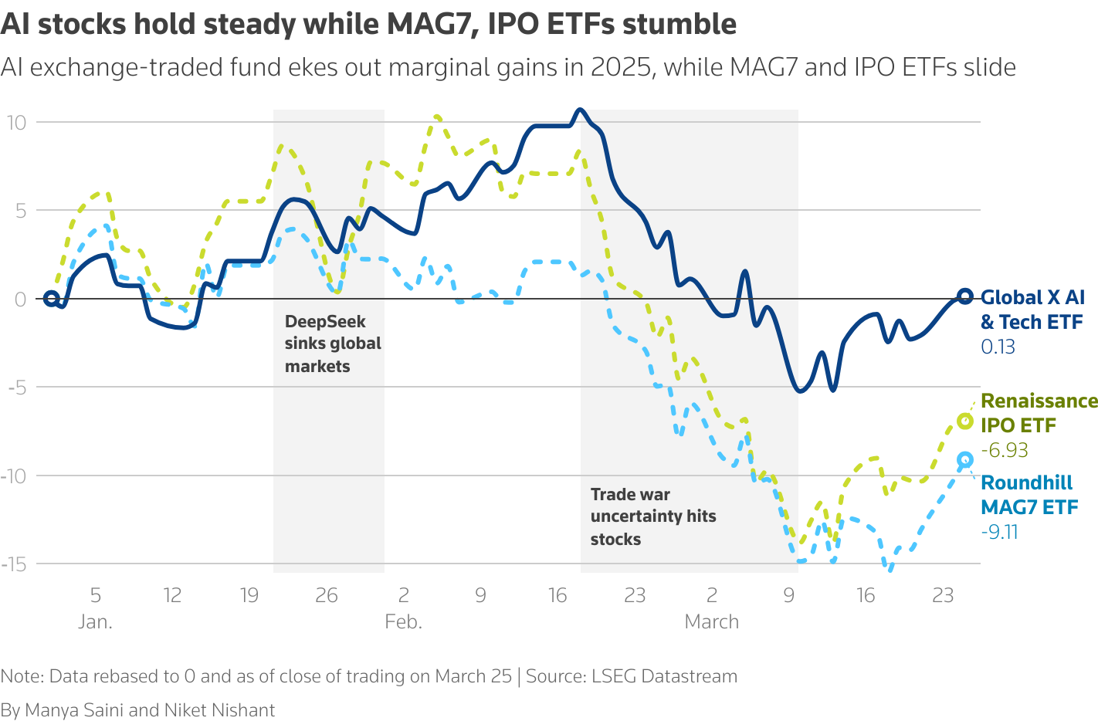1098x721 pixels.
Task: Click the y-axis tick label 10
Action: click(16, 122)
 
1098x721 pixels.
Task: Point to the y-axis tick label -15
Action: click(13, 564)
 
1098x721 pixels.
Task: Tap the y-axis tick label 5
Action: click(20, 211)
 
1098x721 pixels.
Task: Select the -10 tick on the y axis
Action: click(13, 476)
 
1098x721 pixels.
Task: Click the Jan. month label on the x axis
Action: click(95, 621)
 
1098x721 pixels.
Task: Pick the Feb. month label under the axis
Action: click(403, 621)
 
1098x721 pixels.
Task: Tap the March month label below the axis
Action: click(711, 621)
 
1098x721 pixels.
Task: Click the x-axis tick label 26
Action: click(327, 595)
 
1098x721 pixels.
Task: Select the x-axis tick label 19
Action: click(249, 595)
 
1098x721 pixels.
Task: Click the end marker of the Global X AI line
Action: click(964, 296)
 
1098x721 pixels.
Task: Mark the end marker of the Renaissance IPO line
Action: click(964, 421)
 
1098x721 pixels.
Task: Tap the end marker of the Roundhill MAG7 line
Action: click(964, 460)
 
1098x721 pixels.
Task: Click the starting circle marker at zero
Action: click(51, 299)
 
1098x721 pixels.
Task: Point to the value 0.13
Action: click(998, 347)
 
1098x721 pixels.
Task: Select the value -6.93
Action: click(1004, 450)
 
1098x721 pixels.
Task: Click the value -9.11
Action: click(999, 532)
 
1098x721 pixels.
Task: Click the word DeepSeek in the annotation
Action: click(325, 322)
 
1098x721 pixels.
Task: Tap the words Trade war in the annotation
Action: click(630, 495)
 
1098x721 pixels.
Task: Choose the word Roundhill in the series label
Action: click(1026, 483)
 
